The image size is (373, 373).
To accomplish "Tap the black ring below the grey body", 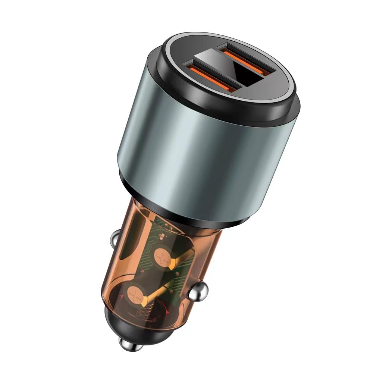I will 179,207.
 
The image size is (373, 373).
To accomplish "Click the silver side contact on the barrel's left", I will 115,239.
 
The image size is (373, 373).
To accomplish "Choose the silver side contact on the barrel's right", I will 197,293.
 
